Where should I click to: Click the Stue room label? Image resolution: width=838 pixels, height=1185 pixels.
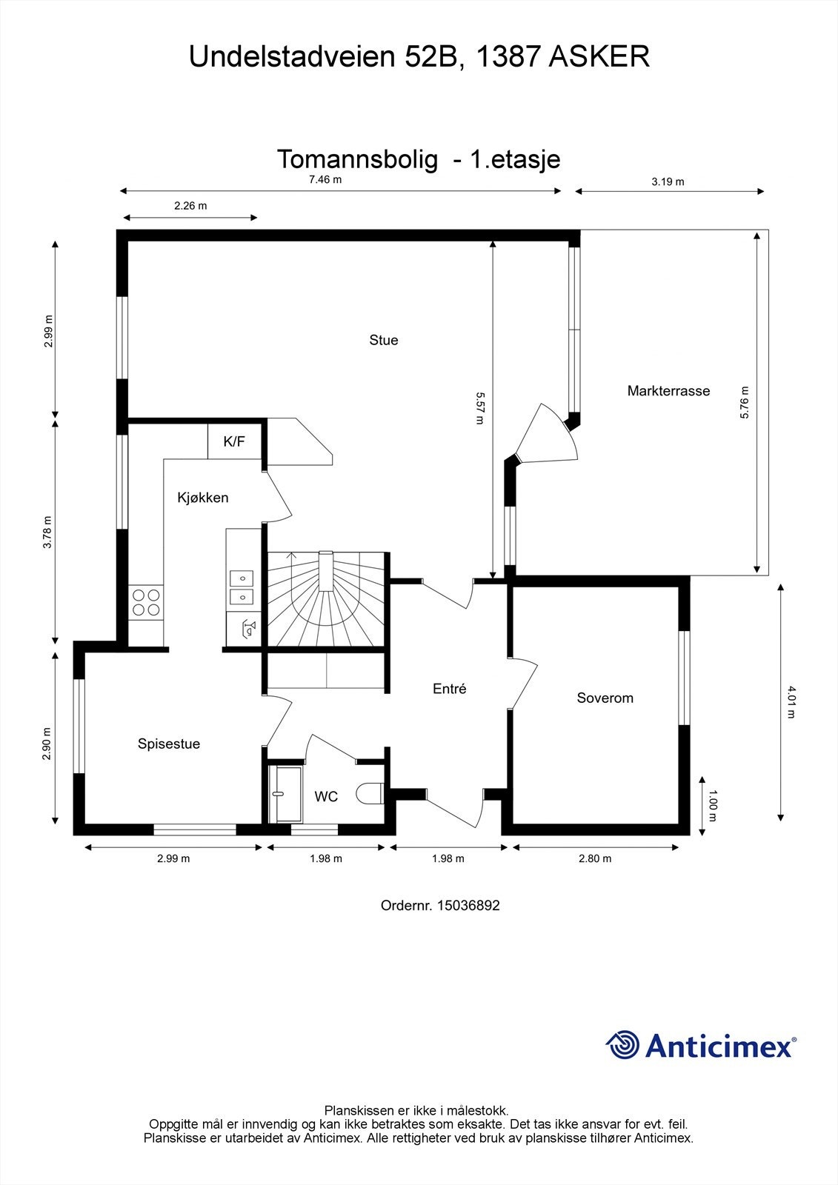pos(383,340)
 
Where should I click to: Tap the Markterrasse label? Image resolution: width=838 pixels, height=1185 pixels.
pos(668,390)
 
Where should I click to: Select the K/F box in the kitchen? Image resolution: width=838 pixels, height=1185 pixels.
pos(234,441)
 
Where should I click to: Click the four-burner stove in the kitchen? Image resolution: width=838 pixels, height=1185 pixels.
pos(146,601)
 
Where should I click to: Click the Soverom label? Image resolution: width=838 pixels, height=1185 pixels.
pos(605,698)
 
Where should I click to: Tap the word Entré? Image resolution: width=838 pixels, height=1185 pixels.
pos(449,689)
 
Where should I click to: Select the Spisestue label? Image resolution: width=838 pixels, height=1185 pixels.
pos(169,744)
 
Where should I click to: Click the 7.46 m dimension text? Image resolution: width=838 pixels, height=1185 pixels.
pos(325,179)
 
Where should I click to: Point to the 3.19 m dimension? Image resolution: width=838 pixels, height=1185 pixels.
pos(668,181)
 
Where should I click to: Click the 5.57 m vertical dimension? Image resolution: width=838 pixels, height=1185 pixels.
pos(479,408)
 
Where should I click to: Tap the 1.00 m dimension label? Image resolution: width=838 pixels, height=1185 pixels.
pos(713,807)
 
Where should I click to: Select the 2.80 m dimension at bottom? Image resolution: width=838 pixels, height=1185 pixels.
pos(595,858)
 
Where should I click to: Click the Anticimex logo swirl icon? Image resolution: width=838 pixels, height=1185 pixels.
pos(623,1045)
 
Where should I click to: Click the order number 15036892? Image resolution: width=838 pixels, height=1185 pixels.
pos(468,905)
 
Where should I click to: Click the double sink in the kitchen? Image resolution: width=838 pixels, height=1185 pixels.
pos(242,587)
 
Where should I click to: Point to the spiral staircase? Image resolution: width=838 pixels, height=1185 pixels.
pos(326,600)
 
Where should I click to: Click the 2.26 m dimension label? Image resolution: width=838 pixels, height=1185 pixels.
pos(190,206)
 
